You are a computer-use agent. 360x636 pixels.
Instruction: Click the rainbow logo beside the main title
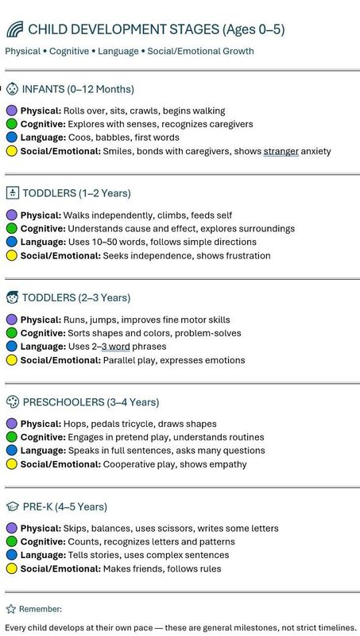[14, 29]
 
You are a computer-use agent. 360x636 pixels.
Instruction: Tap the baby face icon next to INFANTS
[12, 88]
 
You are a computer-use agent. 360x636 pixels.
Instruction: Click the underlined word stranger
[281, 151]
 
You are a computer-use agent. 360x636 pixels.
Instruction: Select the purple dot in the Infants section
[11, 111]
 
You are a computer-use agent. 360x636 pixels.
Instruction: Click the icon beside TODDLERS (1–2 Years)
[12, 192]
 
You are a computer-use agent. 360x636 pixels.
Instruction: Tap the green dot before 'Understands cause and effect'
[11, 229]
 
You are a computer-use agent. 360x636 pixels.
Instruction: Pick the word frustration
[243, 256]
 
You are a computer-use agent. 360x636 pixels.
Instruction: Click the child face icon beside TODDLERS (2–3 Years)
[12, 297]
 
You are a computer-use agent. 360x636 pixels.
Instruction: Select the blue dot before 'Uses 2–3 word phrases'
[11, 347]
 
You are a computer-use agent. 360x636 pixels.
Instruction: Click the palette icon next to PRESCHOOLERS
[12, 401]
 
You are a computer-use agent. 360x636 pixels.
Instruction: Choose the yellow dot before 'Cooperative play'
[11, 464]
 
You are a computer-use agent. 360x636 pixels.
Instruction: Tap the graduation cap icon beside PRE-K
[12, 506]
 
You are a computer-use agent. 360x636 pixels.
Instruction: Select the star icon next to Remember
[11, 609]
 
